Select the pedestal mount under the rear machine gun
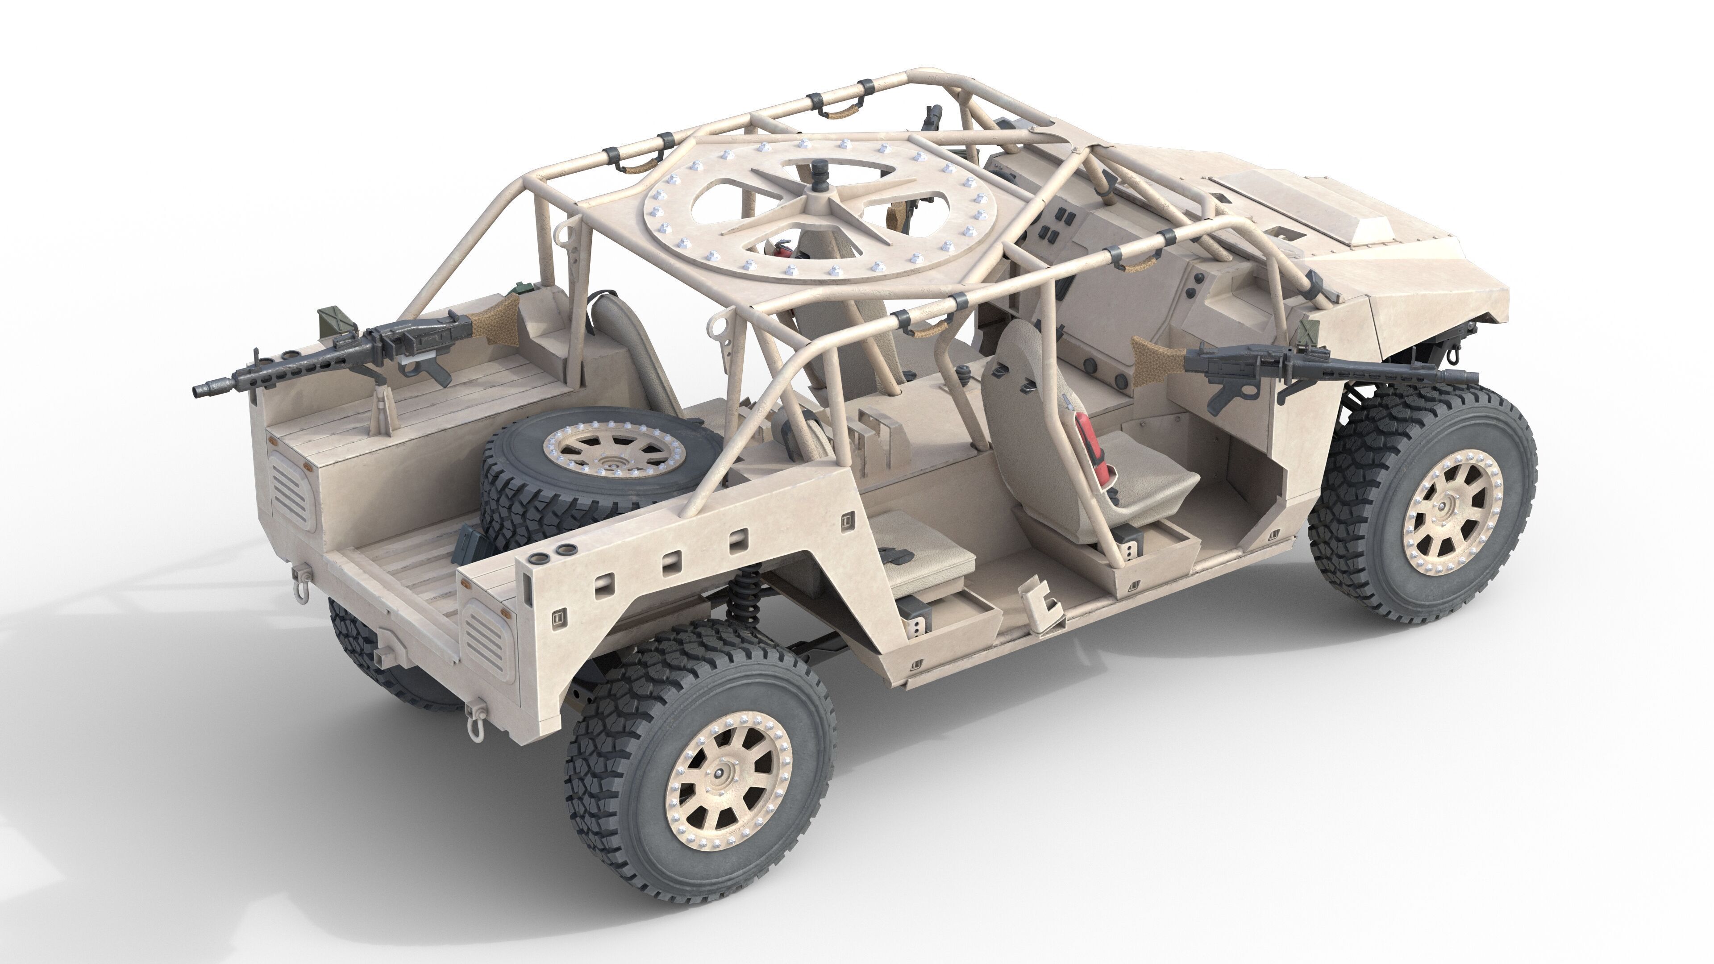pos(381,411)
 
